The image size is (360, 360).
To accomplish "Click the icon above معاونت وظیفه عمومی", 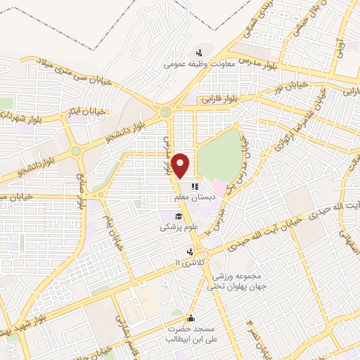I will (x=200, y=52).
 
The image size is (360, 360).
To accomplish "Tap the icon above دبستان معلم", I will (x=195, y=186).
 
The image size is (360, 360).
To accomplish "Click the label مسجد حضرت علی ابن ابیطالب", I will (x=191, y=334).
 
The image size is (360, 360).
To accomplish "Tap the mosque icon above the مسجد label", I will (x=191, y=317).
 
